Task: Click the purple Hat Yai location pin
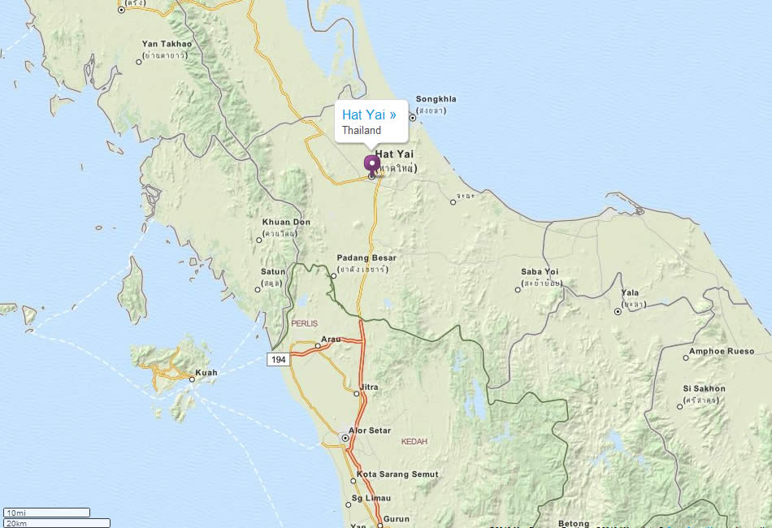372,164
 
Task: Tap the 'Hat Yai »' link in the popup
369,115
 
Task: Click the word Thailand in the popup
362,130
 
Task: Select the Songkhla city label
436,99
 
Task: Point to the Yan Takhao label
167,44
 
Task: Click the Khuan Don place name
286,223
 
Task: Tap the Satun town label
273,271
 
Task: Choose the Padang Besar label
366,258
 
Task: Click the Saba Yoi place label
540,272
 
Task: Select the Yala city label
630,293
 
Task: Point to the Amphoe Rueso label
721,352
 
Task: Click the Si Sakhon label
704,389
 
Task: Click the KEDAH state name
414,442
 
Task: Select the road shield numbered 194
278,359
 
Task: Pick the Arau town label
331,339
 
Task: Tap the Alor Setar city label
369,431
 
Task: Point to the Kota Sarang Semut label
397,474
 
